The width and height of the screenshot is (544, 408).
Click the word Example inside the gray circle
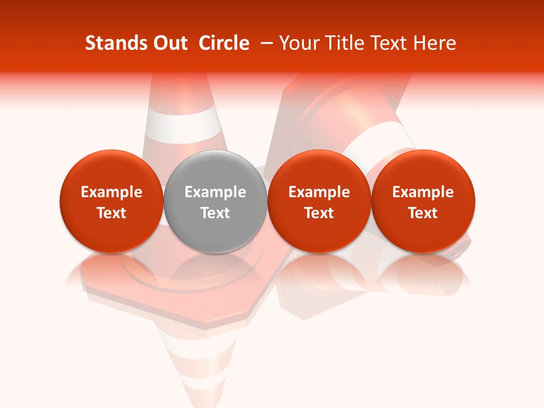coord(215,192)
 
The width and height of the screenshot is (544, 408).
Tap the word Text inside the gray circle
coord(215,213)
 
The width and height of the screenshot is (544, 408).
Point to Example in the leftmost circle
coord(112,192)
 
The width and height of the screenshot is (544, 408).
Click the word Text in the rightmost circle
coord(423,213)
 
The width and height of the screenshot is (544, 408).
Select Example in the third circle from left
coord(319,192)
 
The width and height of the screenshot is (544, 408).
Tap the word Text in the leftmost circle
coord(112,213)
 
